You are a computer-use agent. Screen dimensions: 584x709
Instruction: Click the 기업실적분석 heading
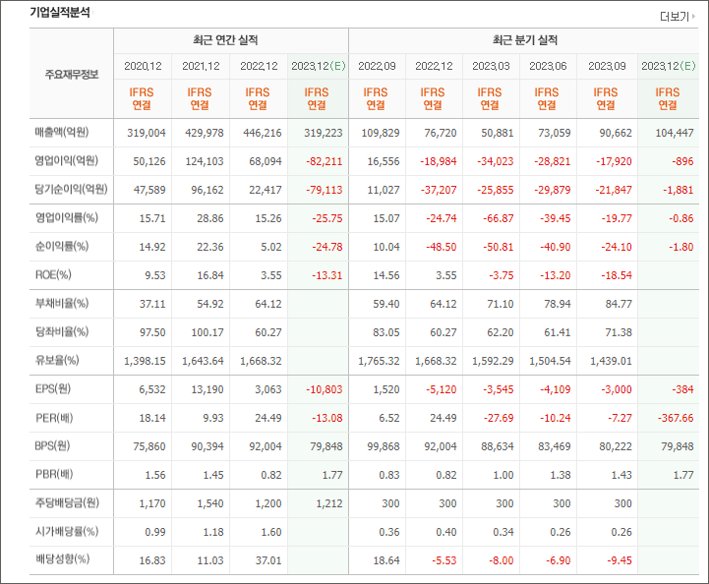pos(60,13)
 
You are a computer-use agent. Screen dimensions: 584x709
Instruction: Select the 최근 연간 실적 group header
pos(230,40)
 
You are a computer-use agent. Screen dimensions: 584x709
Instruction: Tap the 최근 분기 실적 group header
pos(524,40)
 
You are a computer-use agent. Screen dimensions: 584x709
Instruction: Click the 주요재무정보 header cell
pos(71,75)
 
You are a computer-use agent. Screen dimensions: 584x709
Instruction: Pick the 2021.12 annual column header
pos(201,66)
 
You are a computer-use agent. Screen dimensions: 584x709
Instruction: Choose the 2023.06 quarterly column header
pos(548,66)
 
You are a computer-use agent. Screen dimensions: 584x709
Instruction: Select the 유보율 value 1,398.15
pos(144,361)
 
